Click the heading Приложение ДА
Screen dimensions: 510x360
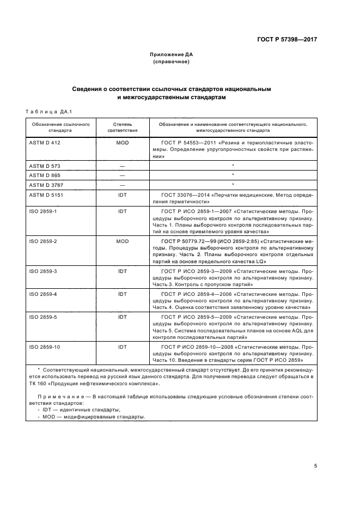pos(172,54)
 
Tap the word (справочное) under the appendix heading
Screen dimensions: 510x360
pos(172,62)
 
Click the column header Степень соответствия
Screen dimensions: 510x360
pos(122,128)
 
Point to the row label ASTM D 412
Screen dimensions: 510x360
pos(43,142)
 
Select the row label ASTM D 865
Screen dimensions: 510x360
pos(43,175)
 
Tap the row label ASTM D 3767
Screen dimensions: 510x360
pos(45,185)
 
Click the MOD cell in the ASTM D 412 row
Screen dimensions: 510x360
pos(122,142)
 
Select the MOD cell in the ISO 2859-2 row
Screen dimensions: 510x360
pos(122,240)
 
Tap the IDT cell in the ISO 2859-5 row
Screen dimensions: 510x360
pos(122,317)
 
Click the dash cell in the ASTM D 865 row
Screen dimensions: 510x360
pos(122,175)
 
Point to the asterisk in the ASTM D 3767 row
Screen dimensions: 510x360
pos(233,185)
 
